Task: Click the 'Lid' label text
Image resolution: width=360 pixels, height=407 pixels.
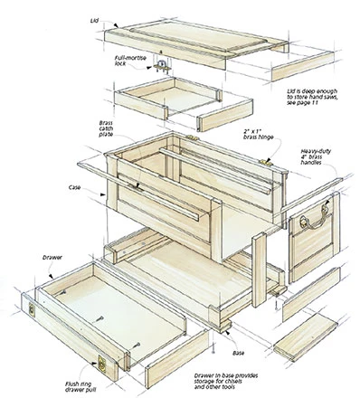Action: coord(94,21)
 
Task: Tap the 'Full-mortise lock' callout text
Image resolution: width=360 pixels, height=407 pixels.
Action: coord(130,61)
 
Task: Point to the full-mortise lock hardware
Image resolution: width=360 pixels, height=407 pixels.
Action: coord(162,67)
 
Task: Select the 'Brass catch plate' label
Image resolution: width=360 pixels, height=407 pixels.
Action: coord(106,128)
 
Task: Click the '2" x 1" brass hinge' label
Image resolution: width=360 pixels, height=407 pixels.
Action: coord(258,135)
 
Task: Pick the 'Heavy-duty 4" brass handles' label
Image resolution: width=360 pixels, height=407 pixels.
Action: coord(316,156)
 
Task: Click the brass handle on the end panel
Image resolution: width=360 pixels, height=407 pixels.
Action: coord(315,217)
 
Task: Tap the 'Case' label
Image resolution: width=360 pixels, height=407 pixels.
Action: coord(74,187)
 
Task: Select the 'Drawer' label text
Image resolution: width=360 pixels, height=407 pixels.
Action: coord(52,258)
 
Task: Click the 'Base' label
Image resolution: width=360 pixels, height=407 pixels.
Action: coord(238,353)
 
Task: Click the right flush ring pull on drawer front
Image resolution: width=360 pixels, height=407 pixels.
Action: coord(102,364)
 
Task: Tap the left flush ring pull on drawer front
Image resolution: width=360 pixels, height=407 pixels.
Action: coord(32,309)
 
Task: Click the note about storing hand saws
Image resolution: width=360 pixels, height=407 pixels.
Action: coord(312,97)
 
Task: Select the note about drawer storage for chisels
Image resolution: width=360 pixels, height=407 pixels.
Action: coord(226,381)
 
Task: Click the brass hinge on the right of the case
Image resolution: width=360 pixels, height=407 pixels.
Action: coord(266,163)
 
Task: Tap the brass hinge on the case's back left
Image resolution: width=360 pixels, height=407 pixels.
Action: coord(192,137)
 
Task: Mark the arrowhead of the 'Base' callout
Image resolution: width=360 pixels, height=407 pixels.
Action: coord(227,333)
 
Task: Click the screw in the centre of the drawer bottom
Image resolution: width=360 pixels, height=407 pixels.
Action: coord(99,318)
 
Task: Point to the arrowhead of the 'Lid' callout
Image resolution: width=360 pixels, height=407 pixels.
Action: coord(117,26)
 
